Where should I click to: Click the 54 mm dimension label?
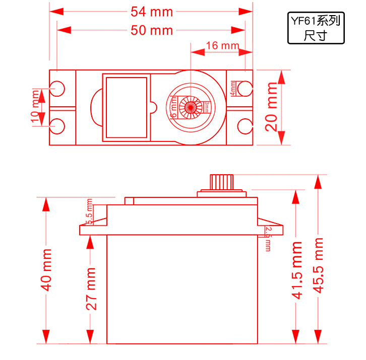pyautogui.click(x=151, y=11)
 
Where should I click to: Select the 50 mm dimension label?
pyautogui.click(x=151, y=30)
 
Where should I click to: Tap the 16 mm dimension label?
pyautogui.click(x=222, y=46)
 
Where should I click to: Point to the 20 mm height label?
pyautogui.click(x=272, y=107)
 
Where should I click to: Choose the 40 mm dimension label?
pyautogui.click(x=46, y=269)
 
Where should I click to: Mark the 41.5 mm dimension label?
pyautogui.click(x=297, y=270)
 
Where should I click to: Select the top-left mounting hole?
pyautogui.click(x=58, y=88)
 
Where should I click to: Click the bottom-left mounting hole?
pyautogui.click(x=58, y=125)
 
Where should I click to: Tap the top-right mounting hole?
pyautogui.click(x=245, y=88)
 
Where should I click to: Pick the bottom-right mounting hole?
pyautogui.click(x=245, y=125)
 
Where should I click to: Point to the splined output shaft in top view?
pyautogui.click(x=192, y=107)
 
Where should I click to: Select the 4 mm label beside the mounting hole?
pyautogui.click(x=232, y=88)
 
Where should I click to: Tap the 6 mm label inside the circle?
pyautogui.click(x=174, y=108)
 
